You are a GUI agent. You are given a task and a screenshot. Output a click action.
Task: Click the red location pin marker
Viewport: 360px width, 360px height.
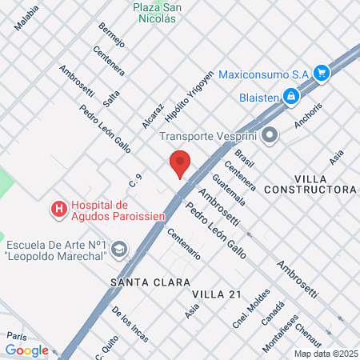[x=180, y=163]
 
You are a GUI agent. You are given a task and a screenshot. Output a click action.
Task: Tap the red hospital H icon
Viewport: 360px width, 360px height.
[x=58, y=210]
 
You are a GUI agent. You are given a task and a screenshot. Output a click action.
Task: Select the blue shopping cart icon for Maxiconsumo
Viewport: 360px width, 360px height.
[x=322, y=73]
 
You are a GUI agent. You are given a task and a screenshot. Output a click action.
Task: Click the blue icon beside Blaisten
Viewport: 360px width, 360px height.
[x=291, y=97]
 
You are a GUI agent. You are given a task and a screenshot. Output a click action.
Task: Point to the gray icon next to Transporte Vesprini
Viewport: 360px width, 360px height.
[x=270, y=135]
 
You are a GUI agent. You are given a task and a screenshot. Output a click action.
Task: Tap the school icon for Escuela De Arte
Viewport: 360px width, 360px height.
[x=119, y=251]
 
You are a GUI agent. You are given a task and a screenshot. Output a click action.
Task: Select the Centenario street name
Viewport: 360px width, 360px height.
[x=183, y=243]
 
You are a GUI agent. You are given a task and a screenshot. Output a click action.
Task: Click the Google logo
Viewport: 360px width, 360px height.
[x=26, y=350]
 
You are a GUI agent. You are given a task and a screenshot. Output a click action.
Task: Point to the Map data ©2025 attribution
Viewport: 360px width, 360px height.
[x=326, y=354]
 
